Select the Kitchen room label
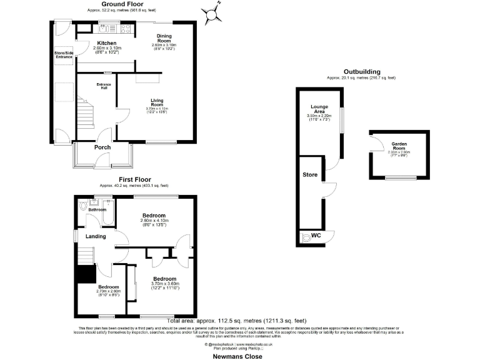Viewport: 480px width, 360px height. tap(106, 43)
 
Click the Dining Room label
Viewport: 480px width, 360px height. tap(164, 37)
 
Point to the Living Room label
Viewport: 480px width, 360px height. tap(156, 102)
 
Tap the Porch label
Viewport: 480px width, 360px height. tap(102, 147)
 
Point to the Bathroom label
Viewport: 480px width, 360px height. tap(97, 210)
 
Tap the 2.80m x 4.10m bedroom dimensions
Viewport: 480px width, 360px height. tap(154, 221)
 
